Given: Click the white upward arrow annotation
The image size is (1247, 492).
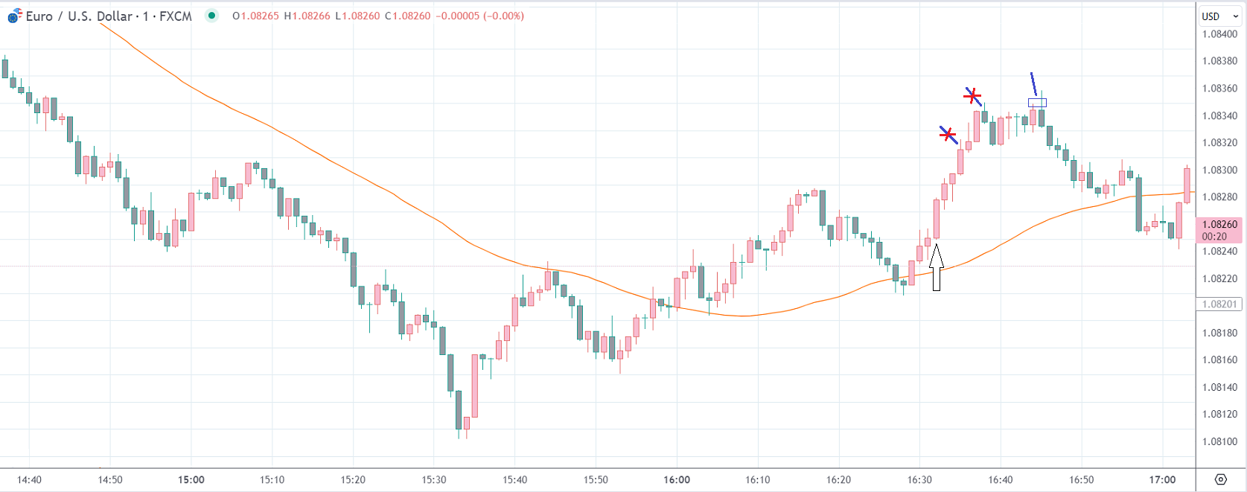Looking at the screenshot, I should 937,267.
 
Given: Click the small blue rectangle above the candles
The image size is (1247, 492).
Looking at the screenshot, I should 1037,103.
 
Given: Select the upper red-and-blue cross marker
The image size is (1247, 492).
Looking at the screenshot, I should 972,96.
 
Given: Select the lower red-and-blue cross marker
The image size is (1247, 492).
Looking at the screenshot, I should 947,135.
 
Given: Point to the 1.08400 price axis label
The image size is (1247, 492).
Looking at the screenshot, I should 1219,34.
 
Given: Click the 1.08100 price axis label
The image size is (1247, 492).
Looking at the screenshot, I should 1219,441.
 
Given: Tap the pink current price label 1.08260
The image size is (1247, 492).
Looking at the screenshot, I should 1219,224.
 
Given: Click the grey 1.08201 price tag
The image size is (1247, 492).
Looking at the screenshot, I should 1219,304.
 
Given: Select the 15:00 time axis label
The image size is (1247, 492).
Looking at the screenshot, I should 191,479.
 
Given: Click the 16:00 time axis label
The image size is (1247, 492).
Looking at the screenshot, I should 677,479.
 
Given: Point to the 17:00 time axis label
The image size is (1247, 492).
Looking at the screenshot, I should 1162,479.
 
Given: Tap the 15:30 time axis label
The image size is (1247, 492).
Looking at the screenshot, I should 434,479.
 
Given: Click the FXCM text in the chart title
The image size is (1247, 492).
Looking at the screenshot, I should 176,16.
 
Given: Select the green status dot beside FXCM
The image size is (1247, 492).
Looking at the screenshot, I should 212,16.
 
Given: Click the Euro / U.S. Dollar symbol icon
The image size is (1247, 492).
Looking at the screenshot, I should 14,16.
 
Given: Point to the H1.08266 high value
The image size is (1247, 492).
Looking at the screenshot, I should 307,16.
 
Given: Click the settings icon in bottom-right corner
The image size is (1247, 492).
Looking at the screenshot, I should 1220,479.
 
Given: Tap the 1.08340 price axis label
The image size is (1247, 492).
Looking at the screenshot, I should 1219,115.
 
